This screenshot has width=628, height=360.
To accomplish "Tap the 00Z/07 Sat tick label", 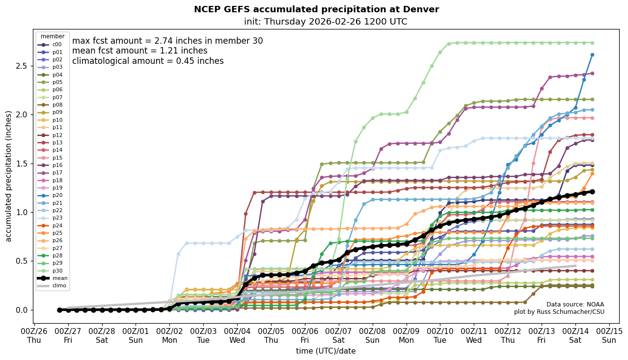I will pyautogui.click(x=339, y=335).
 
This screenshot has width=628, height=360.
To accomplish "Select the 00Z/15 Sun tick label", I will pyautogui.click(x=609, y=335).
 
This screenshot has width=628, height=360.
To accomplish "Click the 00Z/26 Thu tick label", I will pyautogui.click(x=34, y=335).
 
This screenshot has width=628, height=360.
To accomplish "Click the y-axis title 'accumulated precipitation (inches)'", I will pyautogui.click(x=9, y=176).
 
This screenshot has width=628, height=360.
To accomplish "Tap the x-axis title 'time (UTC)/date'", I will pyautogui.click(x=326, y=351).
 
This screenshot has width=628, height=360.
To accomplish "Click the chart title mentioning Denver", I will pyautogui.click(x=316, y=9).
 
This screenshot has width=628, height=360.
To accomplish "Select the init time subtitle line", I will pyautogui.click(x=325, y=22).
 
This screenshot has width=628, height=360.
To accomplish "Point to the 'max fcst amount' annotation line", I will pyautogui.click(x=167, y=41).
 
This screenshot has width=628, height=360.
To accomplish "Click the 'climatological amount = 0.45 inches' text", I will pyautogui.click(x=148, y=61).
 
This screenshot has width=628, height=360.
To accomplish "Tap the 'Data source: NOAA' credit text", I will pyautogui.click(x=575, y=305).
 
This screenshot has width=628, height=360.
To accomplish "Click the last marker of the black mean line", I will pyautogui.click(x=592, y=192).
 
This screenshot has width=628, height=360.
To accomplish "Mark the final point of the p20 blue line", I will pyautogui.click(x=592, y=55).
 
